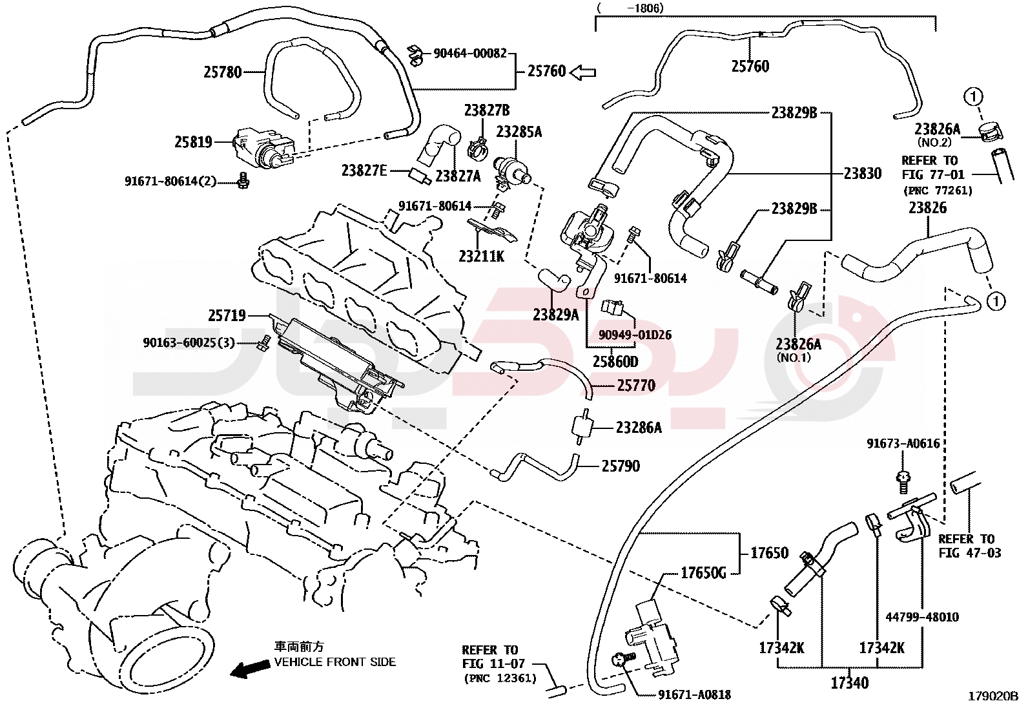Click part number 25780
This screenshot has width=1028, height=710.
tap(223, 72)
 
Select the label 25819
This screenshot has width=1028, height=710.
tap(193, 142)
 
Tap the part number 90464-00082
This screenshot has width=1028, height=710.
tap(469, 54)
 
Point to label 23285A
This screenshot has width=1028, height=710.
tap(519, 132)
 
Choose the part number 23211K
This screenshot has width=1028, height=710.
tap(481, 256)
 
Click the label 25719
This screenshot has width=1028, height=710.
tap(227, 315)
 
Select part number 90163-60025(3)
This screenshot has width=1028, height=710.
tap(189, 342)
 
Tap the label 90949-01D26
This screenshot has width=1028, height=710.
tap(635, 335)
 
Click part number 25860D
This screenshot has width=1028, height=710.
tap(615, 362)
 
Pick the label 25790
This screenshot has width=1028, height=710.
tap(621, 466)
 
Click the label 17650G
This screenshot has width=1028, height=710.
tap(703, 573)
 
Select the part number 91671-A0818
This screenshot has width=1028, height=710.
tap(694, 695)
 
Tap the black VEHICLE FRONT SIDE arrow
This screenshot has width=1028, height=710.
tap(251, 669)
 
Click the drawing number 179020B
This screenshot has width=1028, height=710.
tap(992, 696)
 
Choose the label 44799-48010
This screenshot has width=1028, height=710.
tap(921, 617)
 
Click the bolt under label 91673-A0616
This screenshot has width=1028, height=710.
tap(903, 479)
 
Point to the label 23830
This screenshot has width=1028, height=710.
tap(862, 173)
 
